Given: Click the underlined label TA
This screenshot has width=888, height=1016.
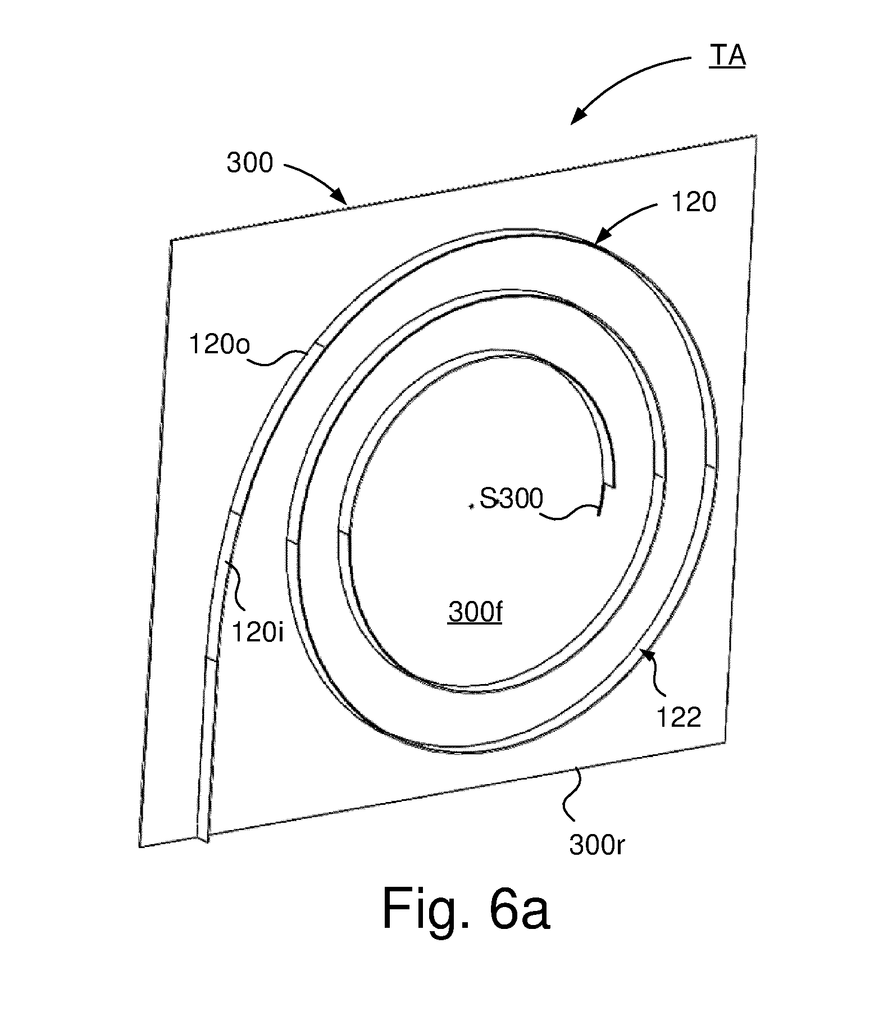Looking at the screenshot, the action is pyautogui.click(x=727, y=56).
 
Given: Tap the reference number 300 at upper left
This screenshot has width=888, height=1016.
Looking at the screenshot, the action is pyautogui.click(x=249, y=163).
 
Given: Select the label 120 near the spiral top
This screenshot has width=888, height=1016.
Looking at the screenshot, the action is pyautogui.click(x=694, y=202).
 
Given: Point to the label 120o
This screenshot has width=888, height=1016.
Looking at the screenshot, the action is pyautogui.click(x=219, y=345).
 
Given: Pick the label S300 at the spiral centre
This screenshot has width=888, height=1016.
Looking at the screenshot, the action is pyautogui.click(x=511, y=499).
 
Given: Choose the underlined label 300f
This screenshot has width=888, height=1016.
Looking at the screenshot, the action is pyautogui.click(x=475, y=613).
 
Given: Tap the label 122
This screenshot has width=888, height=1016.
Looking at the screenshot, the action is pyautogui.click(x=678, y=718).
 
